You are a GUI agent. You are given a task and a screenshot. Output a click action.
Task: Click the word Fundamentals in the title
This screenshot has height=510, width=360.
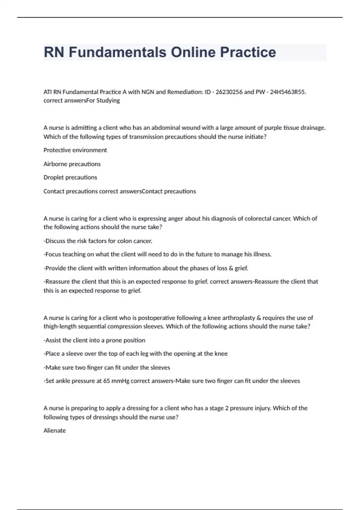[117, 52]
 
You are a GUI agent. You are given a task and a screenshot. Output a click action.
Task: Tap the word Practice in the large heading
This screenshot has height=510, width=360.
[248, 52]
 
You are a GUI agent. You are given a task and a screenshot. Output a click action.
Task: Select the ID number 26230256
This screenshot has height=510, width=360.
[229, 92]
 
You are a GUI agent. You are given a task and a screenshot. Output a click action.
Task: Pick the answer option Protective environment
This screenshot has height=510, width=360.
[75, 150]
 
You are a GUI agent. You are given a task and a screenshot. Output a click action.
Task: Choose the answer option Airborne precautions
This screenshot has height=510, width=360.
[72, 164]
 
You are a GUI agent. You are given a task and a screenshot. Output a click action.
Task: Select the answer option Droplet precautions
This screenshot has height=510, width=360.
[70, 177]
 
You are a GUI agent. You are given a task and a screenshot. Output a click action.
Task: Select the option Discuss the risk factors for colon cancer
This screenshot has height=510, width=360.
[98, 241]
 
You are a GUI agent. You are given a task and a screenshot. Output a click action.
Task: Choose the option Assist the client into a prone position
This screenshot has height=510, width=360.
[94, 340]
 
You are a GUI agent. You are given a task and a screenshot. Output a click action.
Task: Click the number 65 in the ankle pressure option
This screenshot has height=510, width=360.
[106, 381]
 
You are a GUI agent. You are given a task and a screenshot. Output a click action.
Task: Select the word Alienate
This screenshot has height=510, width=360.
[55, 430]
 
